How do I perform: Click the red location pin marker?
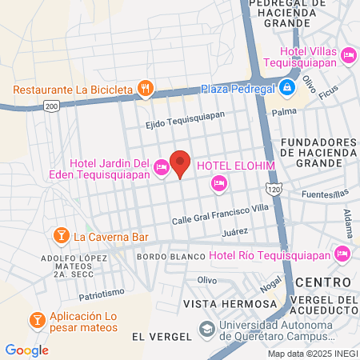coord(181,163)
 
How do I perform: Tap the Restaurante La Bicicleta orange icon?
coord(145,88)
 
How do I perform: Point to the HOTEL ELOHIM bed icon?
coord(218,185)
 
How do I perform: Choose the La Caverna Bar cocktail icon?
coord(60,236)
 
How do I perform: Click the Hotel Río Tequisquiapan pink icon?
coord(342,254)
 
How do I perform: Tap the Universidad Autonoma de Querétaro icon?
coord(206,330)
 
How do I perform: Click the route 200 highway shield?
coord(52,106)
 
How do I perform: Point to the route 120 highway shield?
coord(274,189)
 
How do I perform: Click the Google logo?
coord(27,350)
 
